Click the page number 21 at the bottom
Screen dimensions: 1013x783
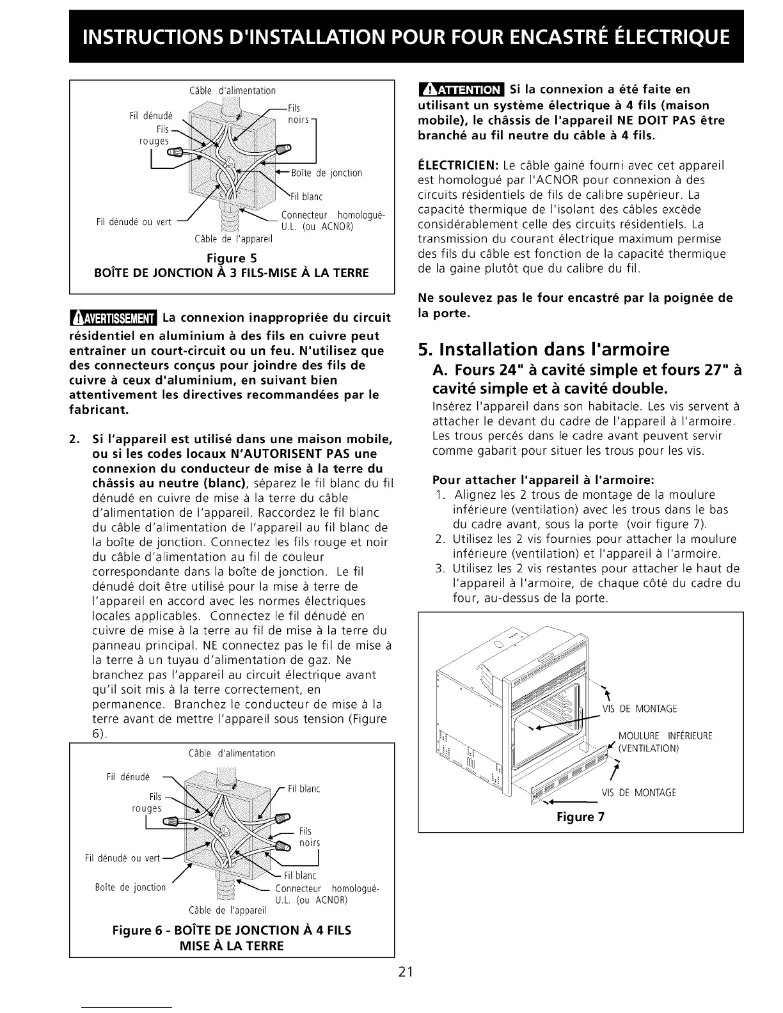click(x=406, y=973)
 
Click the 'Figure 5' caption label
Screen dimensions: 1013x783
click(x=231, y=258)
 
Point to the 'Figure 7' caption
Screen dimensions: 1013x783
click(x=580, y=817)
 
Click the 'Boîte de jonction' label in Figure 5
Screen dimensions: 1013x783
click(x=326, y=173)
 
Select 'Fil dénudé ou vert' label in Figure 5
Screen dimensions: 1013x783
click(x=134, y=222)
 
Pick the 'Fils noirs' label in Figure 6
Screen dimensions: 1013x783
click(x=308, y=837)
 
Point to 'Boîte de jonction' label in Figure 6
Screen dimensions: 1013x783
click(x=130, y=887)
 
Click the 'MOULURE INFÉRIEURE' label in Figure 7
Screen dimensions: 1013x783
click(x=665, y=736)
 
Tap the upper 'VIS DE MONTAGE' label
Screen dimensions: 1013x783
click(x=639, y=709)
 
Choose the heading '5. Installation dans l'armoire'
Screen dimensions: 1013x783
click(x=543, y=349)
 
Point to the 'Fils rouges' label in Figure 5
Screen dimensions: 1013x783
click(x=154, y=136)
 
